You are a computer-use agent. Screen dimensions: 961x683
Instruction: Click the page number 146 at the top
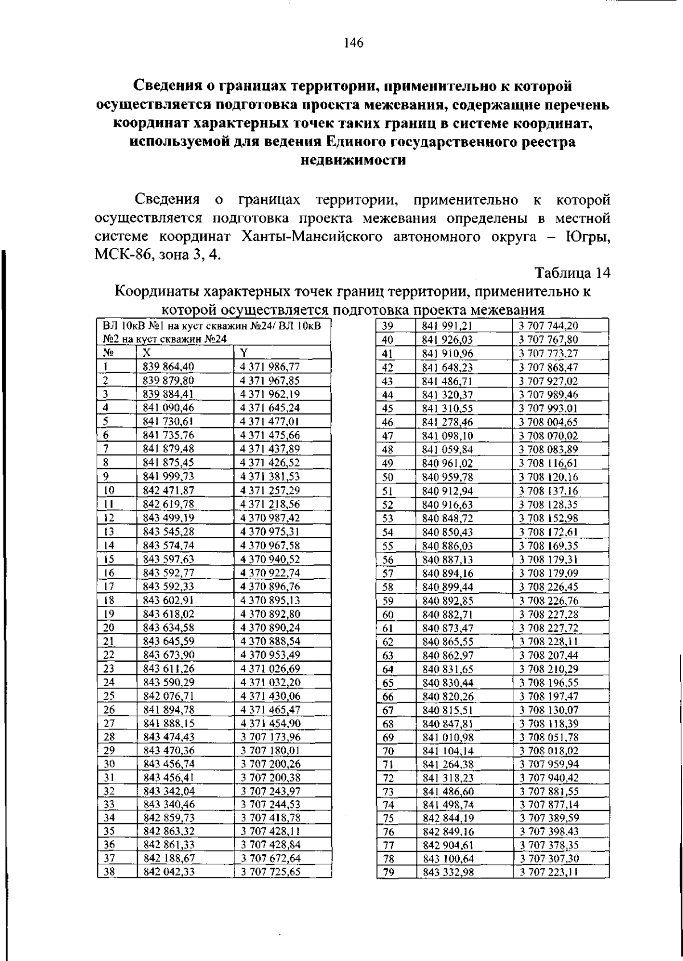pos(353,43)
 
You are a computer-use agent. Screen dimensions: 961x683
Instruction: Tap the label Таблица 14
pos(573,274)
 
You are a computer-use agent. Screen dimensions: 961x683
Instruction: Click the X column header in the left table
pos(147,353)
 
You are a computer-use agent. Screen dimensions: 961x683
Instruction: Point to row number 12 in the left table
pos(110,518)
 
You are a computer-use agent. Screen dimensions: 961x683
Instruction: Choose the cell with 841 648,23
pos(447,368)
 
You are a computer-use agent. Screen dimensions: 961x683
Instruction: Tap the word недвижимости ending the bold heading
pos(353,160)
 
